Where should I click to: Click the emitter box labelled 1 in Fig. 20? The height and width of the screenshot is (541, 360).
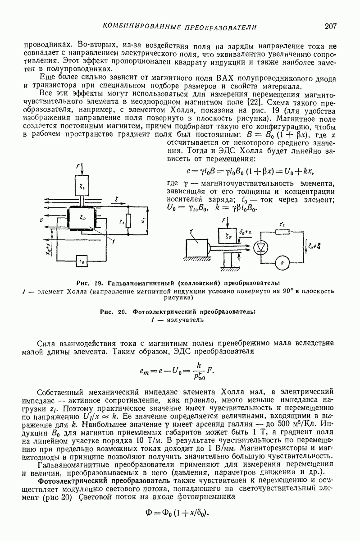(x=196, y=248)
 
